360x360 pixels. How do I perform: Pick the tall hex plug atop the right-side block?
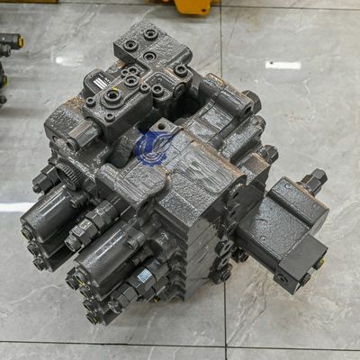(312, 181)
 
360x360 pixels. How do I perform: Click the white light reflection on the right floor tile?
(283, 65)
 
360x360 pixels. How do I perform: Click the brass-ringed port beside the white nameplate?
(114, 94)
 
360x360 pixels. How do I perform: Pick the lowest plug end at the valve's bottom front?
(94, 317)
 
